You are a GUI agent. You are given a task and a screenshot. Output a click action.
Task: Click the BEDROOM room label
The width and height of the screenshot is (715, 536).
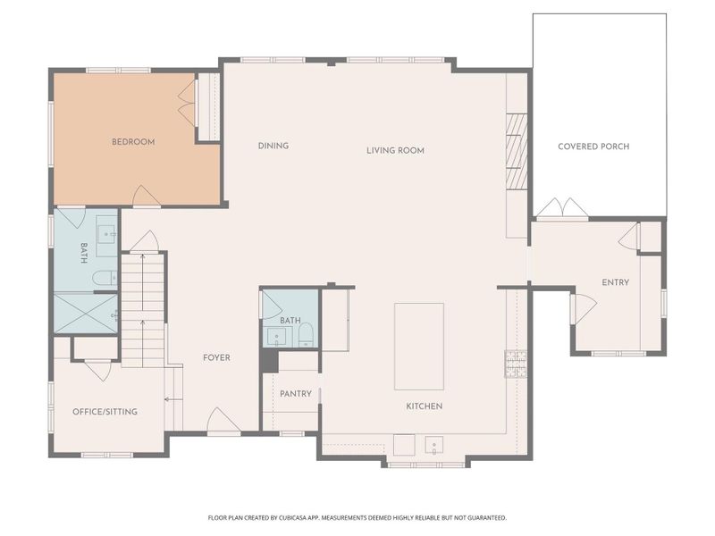click(133, 141)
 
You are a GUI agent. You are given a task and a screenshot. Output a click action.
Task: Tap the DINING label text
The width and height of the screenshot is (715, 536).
click(273, 146)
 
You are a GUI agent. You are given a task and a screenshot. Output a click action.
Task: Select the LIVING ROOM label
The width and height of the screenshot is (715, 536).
click(395, 150)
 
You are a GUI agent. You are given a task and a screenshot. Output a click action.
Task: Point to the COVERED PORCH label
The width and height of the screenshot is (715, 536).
click(593, 147)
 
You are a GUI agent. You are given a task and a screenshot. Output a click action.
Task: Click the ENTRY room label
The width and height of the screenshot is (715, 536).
click(615, 282)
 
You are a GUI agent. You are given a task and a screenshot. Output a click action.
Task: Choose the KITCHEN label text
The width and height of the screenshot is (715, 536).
click(425, 406)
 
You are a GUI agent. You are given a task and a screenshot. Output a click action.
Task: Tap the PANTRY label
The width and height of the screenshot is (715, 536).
click(295, 393)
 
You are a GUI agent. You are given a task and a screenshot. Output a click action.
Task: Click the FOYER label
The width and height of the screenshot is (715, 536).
click(216, 357)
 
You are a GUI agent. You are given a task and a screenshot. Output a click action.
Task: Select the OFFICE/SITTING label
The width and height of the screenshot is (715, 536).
click(105, 412)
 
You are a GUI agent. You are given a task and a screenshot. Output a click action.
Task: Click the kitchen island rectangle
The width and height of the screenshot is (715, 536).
click(419, 346)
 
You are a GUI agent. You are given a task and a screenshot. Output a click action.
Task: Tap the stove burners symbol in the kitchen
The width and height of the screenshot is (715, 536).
click(516, 362)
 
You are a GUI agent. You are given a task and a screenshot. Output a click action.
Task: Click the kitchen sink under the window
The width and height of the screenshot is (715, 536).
click(435, 445)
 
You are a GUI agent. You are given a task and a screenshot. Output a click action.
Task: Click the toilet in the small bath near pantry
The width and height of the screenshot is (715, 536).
click(306, 335)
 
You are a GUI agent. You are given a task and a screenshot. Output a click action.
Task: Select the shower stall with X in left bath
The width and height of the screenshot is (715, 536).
click(86, 313)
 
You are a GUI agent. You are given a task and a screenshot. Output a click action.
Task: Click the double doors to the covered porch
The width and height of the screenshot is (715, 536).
click(562, 208)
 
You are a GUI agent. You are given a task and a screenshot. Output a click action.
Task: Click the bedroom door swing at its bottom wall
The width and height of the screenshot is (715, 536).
click(146, 196)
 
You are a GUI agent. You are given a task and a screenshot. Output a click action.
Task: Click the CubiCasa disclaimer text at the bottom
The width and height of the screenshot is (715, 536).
click(357, 517)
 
